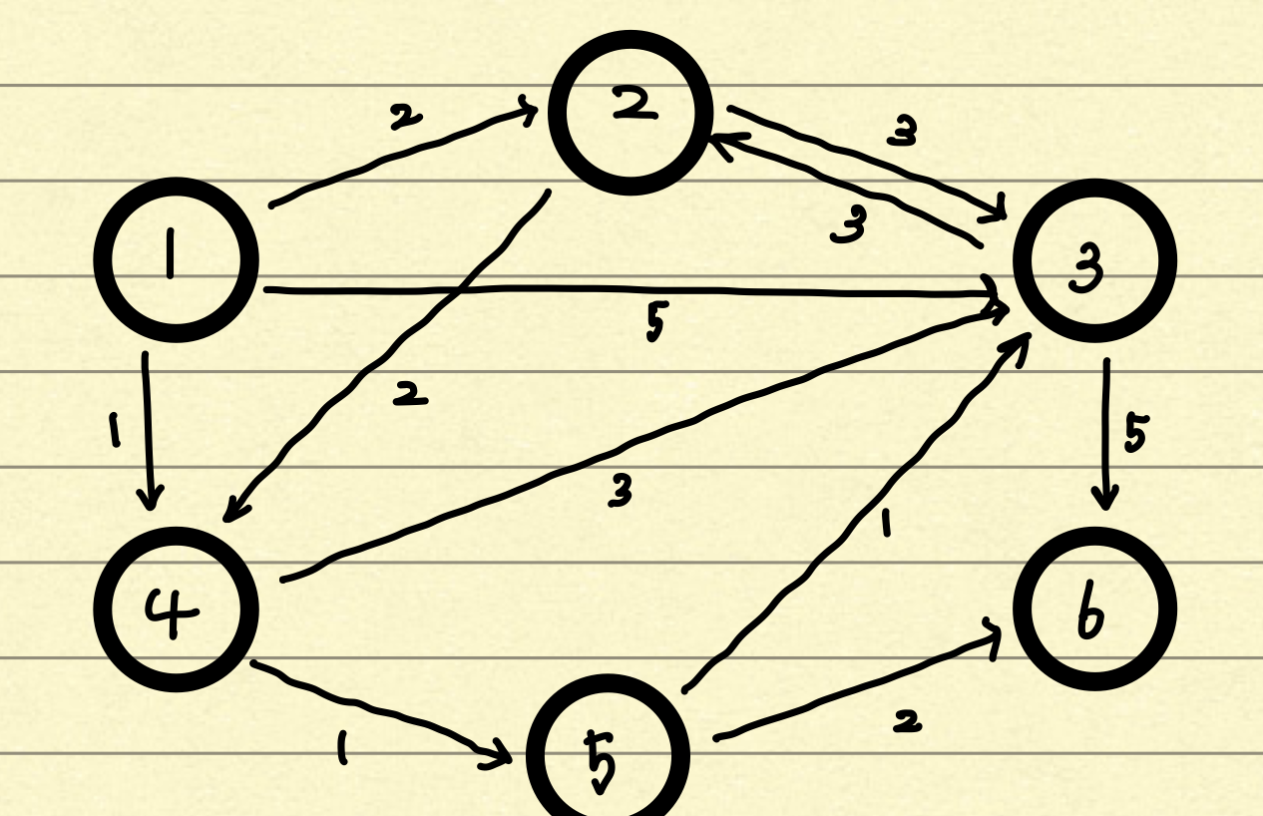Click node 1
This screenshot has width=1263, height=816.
pos(176,260)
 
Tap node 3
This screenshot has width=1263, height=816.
pos(1094,260)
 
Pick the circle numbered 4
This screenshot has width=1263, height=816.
pos(176,608)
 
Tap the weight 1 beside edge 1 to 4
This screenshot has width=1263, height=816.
pos(115,431)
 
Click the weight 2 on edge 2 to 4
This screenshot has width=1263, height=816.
pos(409,396)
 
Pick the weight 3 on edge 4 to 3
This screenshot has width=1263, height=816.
pos(621,491)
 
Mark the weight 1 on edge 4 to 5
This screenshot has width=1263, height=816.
pos(342,746)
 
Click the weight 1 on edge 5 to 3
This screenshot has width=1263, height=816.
pos(884,523)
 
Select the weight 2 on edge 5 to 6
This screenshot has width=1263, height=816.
pos(906,721)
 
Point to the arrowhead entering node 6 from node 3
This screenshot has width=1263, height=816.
pos(1105,499)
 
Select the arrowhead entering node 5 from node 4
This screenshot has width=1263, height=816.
pos(499,758)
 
